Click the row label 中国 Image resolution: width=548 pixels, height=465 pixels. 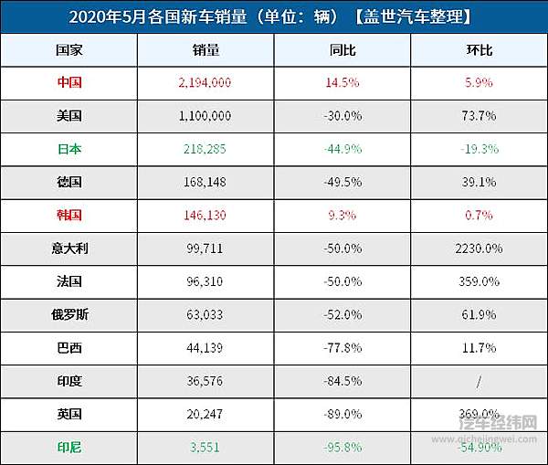tap(68, 82)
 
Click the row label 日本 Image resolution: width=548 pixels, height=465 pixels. tap(68, 148)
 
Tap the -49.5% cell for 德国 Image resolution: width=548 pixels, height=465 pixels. tap(342, 182)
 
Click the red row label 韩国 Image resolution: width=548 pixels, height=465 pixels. tap(68, 215)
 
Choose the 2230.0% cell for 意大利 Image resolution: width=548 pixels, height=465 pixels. tap(479, 248)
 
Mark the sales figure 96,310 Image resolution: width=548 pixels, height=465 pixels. tap(205, 281)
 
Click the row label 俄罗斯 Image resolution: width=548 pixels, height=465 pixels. tap(68, 314)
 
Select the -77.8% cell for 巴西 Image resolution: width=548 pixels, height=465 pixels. tap(342, 347)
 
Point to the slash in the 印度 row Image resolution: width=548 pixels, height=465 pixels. tap(479, 381)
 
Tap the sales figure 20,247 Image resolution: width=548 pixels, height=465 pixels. tap(205, 414)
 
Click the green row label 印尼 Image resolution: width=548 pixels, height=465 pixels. tap(68, 448)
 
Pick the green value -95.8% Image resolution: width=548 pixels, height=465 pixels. tap(342, 448)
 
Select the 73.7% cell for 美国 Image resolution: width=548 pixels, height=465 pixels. tap(479, 115)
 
